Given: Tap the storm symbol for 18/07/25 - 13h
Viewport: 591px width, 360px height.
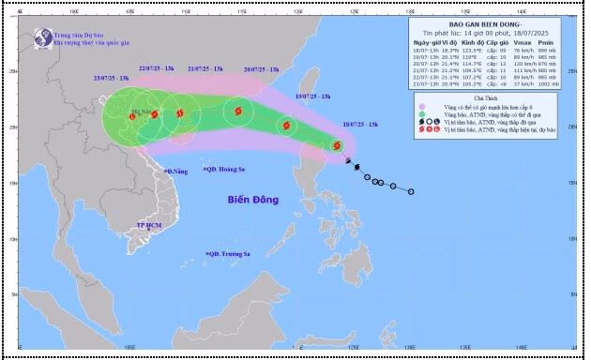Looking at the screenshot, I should [x=336, y=145].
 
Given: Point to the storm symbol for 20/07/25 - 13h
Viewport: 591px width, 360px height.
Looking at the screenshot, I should [x=236, y=112].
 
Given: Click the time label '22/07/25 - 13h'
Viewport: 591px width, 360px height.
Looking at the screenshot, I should [x=158, y=68].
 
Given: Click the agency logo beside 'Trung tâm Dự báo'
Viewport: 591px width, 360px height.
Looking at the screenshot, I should [x=42, y=38].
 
